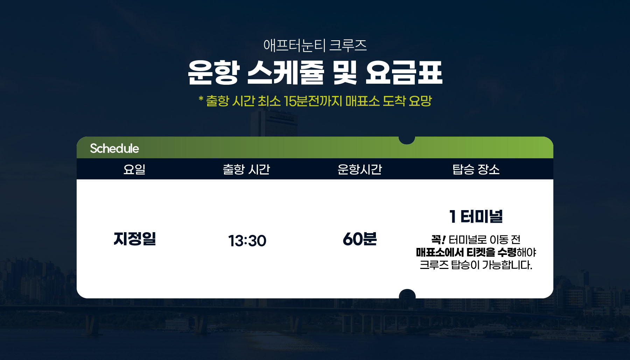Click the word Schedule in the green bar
coord(114,148)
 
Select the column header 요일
coord(134,169)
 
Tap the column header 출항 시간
coord(246,169)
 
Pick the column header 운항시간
coord(359,169)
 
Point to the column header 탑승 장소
coord(476,169)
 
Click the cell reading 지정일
coord(135,239)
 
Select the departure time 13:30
coord(247,241)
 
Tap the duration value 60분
coord(360,239)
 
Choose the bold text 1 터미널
coord(476,216)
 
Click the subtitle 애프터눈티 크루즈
coord(315,46)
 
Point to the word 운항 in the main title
coord(213,72)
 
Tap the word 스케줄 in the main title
coord(286,72)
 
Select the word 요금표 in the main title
coord(404,72)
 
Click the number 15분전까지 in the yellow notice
coord(313,101)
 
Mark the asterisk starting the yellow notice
coord(201,99)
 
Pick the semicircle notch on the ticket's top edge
coord(407,140)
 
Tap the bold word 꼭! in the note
coord(438,240)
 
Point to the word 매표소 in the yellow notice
coord(363,101)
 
